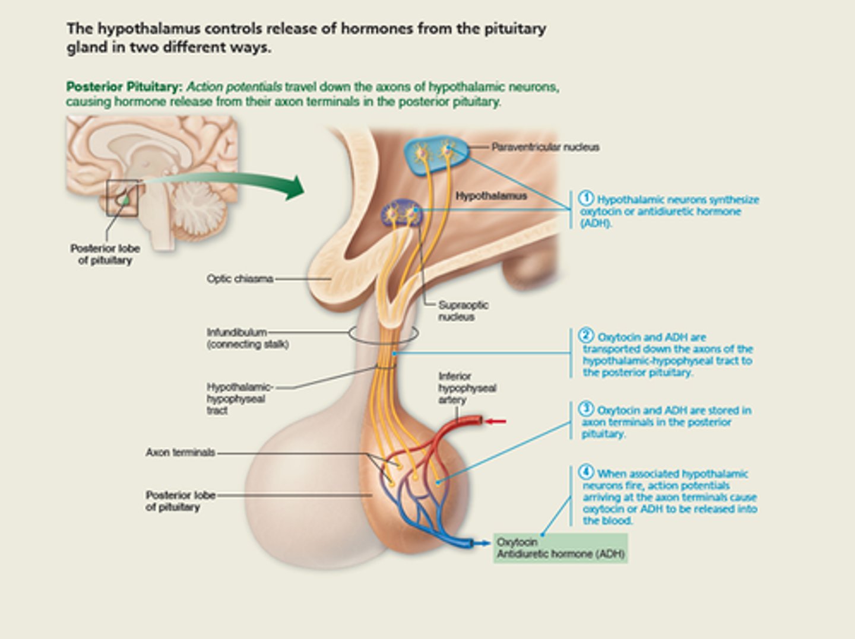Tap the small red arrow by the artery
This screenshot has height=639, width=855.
496,422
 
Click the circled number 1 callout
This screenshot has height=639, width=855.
586,198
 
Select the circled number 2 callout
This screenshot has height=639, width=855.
586,336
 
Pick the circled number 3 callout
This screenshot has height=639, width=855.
586,409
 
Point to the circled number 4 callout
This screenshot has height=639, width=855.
586,472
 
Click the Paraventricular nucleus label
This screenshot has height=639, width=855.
545,147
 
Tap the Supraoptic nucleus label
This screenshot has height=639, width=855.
463,311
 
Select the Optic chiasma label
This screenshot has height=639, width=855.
240,279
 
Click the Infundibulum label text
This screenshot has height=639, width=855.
236,332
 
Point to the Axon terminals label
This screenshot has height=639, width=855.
180,453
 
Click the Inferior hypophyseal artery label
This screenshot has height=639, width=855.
467,388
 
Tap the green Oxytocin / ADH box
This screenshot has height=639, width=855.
560,548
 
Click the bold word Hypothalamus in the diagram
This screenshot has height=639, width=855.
491,196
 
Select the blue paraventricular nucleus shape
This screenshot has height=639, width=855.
436,155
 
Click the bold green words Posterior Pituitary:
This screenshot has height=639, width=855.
123,87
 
